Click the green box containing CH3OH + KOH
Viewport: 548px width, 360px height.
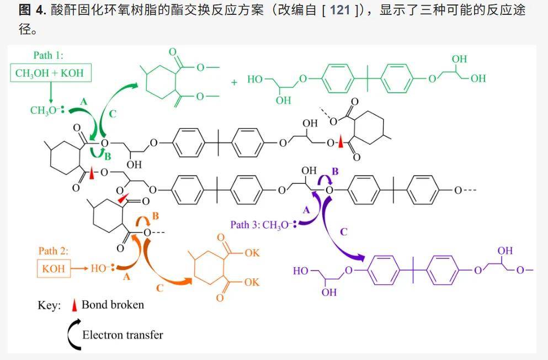(51, 73)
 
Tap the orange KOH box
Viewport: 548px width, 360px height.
(54, 268)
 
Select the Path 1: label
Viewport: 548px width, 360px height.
(48, 55)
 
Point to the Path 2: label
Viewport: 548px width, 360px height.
(53, 251)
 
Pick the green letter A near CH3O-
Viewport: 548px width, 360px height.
(83, 102)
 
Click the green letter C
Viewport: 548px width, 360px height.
(112, 114)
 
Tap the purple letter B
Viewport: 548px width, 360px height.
(335, 171)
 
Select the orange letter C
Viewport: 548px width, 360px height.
(159, 288)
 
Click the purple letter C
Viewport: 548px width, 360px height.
(344, 232)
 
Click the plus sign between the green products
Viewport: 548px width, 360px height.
(234, 82)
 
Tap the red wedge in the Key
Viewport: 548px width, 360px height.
(74, 305)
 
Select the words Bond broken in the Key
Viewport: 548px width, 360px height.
(113, 305)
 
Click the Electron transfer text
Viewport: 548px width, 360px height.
(123, 335)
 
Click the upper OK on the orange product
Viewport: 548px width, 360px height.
(252, 253)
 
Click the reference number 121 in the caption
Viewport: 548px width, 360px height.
(340, 10)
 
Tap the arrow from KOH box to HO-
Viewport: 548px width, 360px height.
(79, 268)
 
